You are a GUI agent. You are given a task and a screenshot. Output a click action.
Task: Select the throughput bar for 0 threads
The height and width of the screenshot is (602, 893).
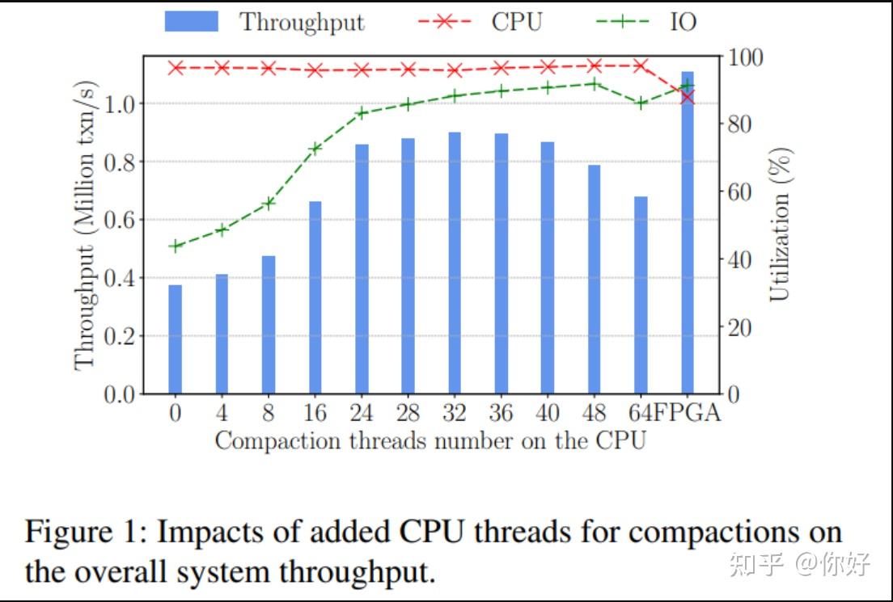[x=176, y=339]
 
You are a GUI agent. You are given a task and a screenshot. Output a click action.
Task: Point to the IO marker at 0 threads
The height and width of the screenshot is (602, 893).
[x=176, y=246]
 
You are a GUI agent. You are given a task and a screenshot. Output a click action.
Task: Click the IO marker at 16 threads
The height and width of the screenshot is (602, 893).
[x=315, y=148]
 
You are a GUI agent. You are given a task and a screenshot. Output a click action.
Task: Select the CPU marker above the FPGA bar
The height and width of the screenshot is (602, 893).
[x=688, y=97]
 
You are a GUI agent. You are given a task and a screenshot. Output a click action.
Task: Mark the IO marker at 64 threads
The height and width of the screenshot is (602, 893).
[x=641, y=103]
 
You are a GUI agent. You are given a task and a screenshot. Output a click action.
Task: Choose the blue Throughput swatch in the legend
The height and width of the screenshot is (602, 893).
[x=191, y=22]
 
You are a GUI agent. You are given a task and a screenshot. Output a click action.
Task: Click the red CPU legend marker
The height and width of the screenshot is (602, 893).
[x=442, y=22]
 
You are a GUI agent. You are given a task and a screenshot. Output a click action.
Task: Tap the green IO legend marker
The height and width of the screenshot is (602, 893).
[x=622, y=22]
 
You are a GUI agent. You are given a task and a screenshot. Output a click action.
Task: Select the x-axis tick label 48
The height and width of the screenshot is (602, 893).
[x=594, y=413]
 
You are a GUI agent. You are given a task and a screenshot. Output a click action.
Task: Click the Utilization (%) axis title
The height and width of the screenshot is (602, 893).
[x=780, y=224]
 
